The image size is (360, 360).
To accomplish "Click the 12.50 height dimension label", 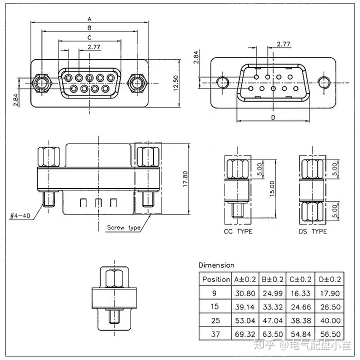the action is (176, 83).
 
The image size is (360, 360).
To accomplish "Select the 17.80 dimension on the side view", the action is (185, 179).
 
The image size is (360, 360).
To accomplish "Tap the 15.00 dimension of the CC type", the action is (272, 188).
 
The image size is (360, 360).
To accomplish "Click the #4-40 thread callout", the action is (20, 216).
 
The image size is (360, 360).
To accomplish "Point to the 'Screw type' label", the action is (124, 227).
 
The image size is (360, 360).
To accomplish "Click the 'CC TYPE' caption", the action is (238, 231).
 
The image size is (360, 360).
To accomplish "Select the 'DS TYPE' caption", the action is (312, 231).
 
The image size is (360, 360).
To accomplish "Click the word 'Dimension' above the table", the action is (216, 265).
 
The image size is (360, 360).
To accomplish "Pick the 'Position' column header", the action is (216, 279).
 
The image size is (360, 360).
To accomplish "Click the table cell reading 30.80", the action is (245, 293).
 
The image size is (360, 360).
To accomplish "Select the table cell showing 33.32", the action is (272, 307).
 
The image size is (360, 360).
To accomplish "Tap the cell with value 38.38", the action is (301, 320).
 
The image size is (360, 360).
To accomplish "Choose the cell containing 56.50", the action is (330, 334).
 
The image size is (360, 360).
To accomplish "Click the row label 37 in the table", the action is (215, 334).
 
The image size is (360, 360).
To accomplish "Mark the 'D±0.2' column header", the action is (329, 279).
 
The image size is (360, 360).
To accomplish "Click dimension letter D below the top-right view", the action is (273, 117).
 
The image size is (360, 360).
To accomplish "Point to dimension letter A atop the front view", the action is (89, 19).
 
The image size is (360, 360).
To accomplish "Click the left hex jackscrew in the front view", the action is (42, 83).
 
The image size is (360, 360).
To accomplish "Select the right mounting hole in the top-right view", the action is (324, 82).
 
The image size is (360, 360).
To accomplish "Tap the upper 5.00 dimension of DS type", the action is (335, 169).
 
